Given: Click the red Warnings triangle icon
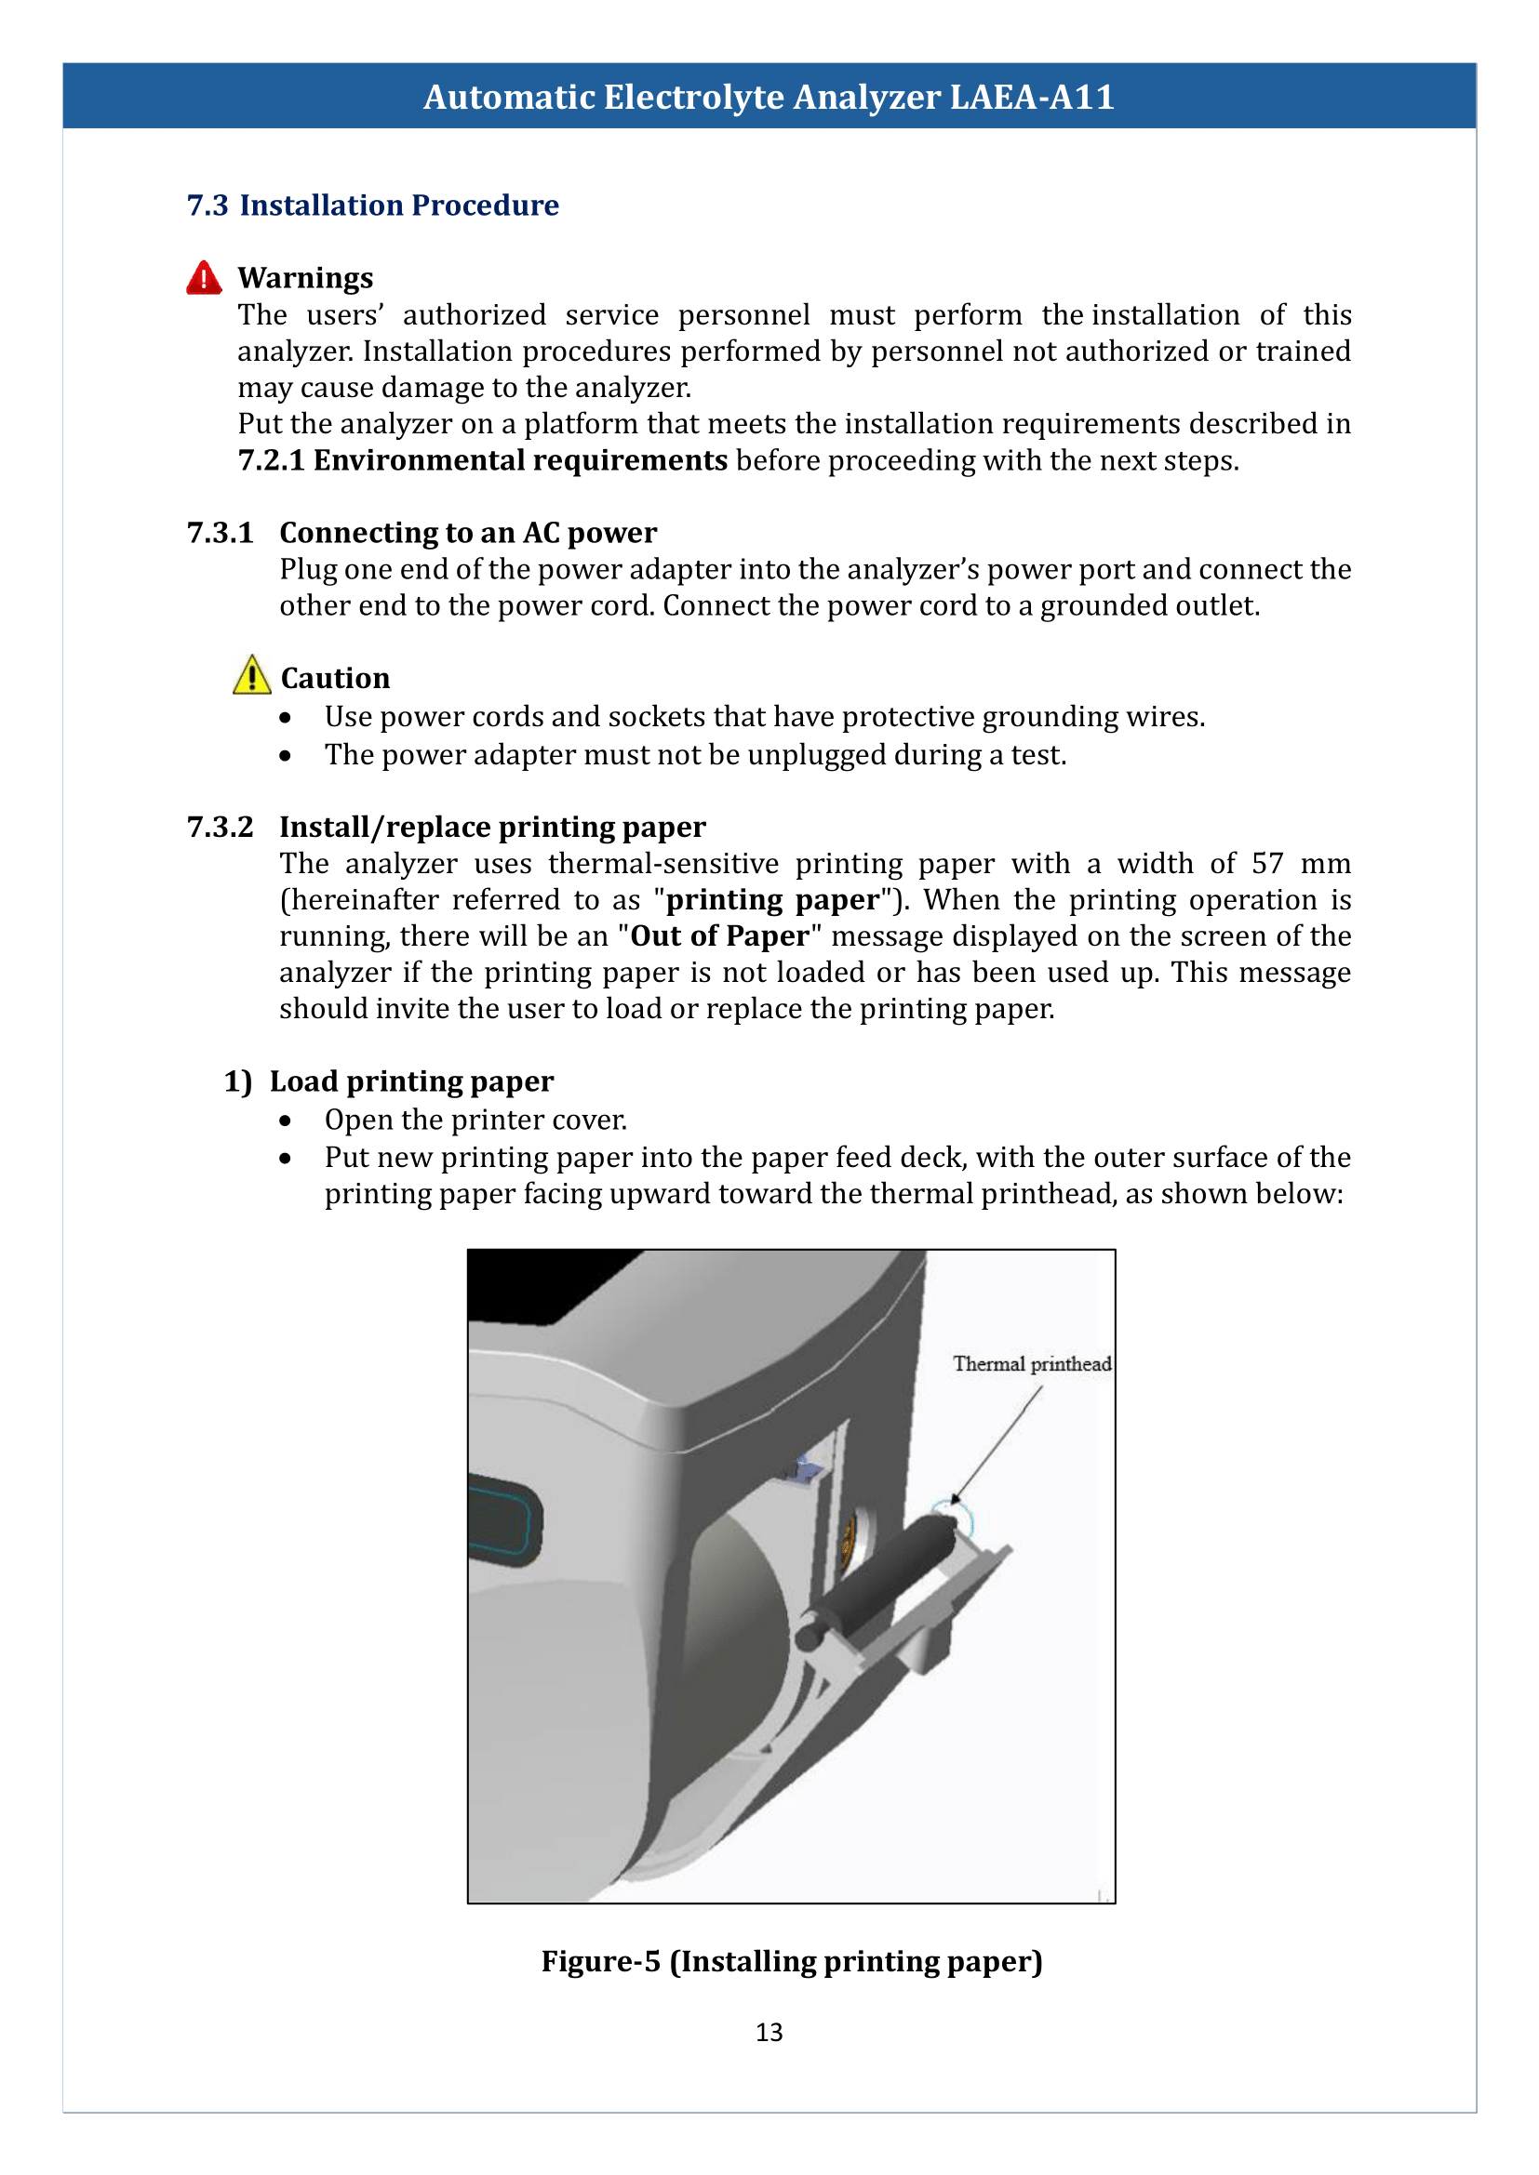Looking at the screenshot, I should point(204,279).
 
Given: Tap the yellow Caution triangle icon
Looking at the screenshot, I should point(251,676).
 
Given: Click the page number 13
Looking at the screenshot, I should point(769,2032).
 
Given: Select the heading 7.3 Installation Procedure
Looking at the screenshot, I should point(372,206).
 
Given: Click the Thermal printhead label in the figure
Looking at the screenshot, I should point(1031,1364).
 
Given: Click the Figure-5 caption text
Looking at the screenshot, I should point(791,1961).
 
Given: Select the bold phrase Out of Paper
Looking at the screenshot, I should point(719,936).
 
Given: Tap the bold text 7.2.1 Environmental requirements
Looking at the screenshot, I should point(482,460).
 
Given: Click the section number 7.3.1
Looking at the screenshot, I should point(220,534).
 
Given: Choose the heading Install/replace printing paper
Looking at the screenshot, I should point(492,827).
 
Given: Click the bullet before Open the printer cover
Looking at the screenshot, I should point(286,1121).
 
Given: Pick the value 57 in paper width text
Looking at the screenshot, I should point(1267,863).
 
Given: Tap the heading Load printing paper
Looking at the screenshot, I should point(410,1081).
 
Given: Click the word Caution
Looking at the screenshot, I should point(336,678).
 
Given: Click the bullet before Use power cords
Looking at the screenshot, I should point(286,718).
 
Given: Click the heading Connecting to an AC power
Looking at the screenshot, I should point(467,534).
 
